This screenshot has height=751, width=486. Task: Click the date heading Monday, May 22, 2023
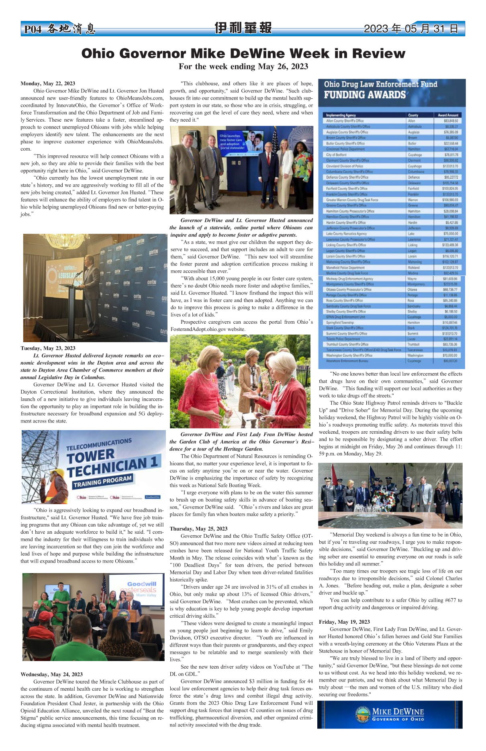pos(48,84)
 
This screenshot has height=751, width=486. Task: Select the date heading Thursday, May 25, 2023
pos(198,529)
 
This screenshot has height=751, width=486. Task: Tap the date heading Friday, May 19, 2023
pos(344,622)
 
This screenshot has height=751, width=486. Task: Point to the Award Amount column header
pos(448,115)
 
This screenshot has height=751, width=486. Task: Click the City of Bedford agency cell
pos(336,155)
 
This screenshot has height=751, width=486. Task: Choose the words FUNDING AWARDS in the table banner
pos(365,95)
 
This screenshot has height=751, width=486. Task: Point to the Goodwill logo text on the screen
pos(141,584)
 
